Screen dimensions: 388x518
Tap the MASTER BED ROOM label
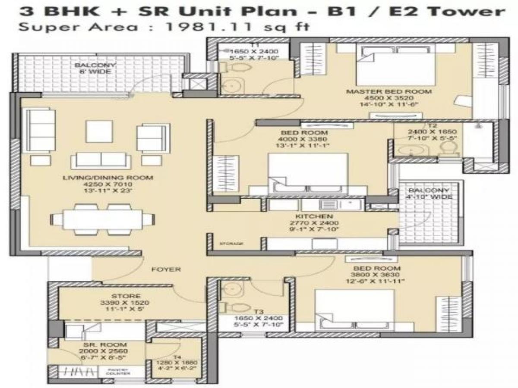(389, 91)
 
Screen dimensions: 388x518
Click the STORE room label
(126, 296)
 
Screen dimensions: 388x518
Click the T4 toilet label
(177, 357)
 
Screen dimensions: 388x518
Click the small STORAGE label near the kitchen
(231, 244)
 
